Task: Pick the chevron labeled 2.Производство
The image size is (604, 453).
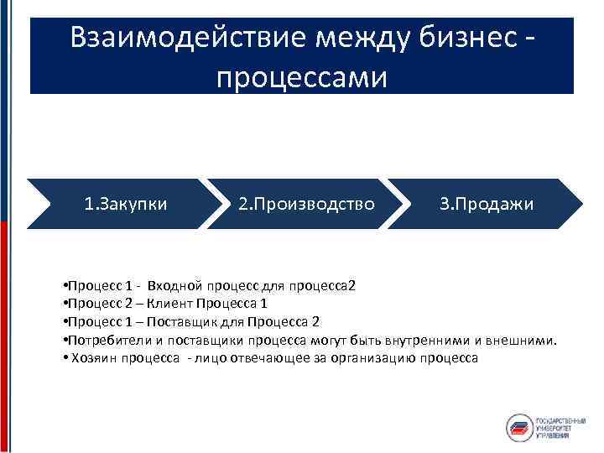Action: click(306, 204)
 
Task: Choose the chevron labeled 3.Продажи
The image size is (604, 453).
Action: click(487, 204)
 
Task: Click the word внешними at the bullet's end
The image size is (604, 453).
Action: click(523, 340)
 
